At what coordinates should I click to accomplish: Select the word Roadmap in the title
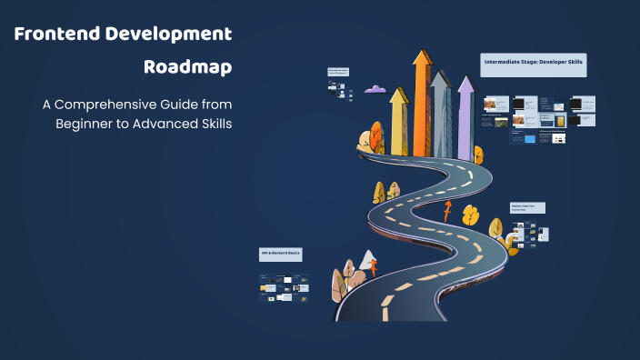pyautogui.click(x=187, y=67)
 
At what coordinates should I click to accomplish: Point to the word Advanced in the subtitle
pyautogui.click(x=155, y=123)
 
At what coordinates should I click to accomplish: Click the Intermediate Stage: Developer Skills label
pyautogui.click(x=534, y=64)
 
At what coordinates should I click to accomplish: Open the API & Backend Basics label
pyautogui.click(x=281, y=254)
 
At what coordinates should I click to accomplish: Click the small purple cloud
pyautogui.click(x=375, y=89)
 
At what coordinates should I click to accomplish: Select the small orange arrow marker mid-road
pyautogui.click(x=446, y=213)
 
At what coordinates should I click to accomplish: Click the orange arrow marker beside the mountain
pyautogui.click(x=373, y=269)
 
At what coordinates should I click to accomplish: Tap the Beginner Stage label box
pyautogui.click(x=527, y=208)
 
